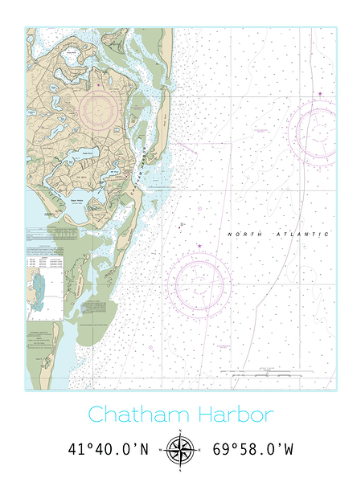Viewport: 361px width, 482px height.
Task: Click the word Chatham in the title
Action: coord(135,415)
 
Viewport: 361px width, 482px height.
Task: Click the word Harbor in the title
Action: coord(233,415)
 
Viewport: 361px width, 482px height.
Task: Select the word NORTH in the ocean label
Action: coord(243,234)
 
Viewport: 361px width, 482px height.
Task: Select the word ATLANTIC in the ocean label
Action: coord(302,234)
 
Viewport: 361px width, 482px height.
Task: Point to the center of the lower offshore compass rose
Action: coord(199,283)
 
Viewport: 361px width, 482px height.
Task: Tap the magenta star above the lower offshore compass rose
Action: coord(199,246)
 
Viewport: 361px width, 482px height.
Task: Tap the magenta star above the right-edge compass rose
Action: coord(320,94)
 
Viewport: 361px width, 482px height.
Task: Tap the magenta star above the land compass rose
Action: coord(100,81)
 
